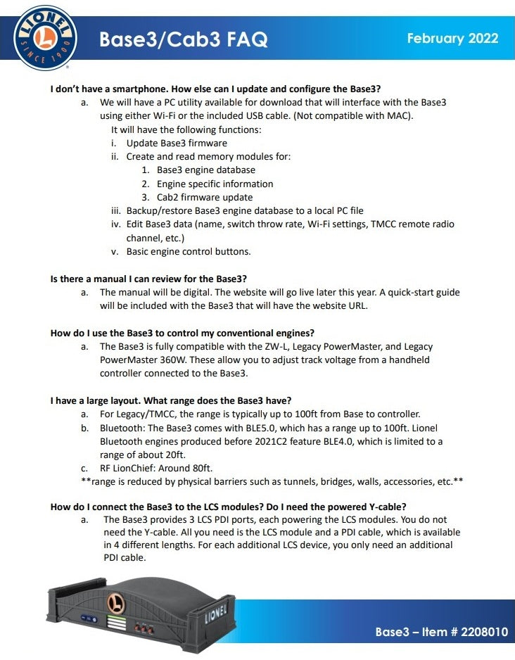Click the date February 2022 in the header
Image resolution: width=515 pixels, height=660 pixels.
tap(452, 37)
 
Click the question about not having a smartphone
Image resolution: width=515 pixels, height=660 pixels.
tap(215, 89)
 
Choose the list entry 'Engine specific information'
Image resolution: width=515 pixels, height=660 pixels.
tap(215, 184)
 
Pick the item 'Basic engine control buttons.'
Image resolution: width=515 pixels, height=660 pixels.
tap(188, 251)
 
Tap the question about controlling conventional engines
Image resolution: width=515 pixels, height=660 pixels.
tap(182, 332)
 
